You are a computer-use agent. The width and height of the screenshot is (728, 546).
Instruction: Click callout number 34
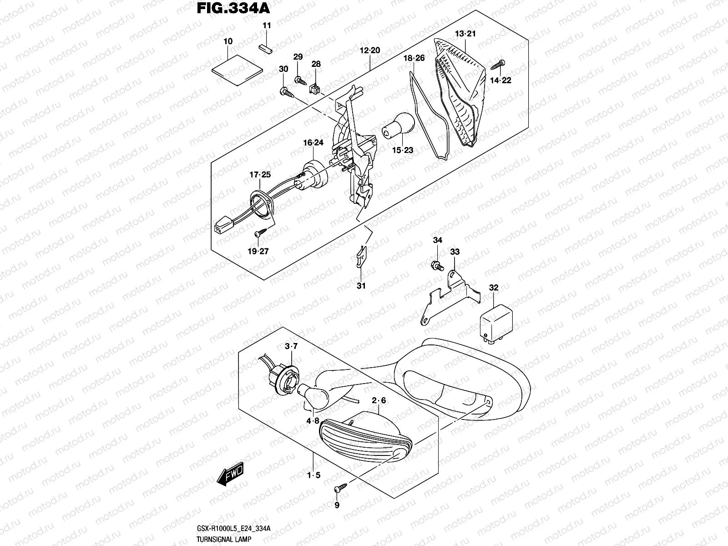click(437, 240)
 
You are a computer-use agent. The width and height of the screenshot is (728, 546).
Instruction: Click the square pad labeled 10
click(238, 69)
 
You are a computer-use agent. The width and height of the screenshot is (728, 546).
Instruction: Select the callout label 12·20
click(369, 51)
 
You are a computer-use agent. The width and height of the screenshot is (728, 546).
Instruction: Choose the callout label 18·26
click(414, 58)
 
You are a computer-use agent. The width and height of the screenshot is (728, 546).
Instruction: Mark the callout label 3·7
click(291, 347)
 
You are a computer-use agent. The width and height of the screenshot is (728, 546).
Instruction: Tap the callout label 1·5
click(314, 475)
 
